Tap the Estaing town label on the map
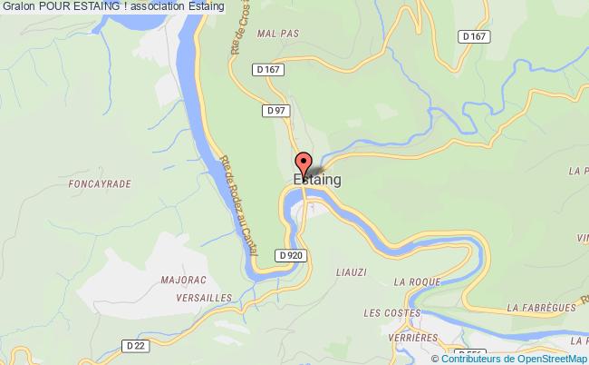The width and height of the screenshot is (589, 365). pos(317,180)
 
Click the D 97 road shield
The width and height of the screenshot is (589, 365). pos(276,110)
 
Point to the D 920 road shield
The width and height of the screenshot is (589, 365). pos(290,256)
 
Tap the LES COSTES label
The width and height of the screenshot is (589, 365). pos(389,312)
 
